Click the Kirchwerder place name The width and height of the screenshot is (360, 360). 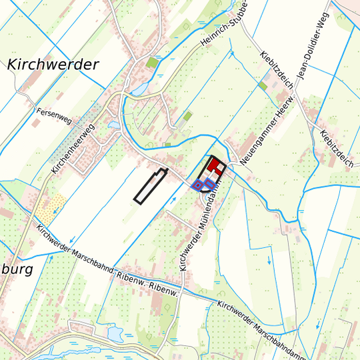pyautogui.click(x=53, y=65)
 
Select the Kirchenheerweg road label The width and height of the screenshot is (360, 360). pyautogui.click(x=74, y=149)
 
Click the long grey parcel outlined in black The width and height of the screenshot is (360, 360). pyautogui.click(x=150, y=186)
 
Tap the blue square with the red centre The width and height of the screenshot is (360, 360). pyautogui.click(x=197, y=185)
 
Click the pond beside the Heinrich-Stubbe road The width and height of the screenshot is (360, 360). pyautogui.click(x=141, y=89)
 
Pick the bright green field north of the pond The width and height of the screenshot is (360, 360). pyautogui.click(x=153, y=63)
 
